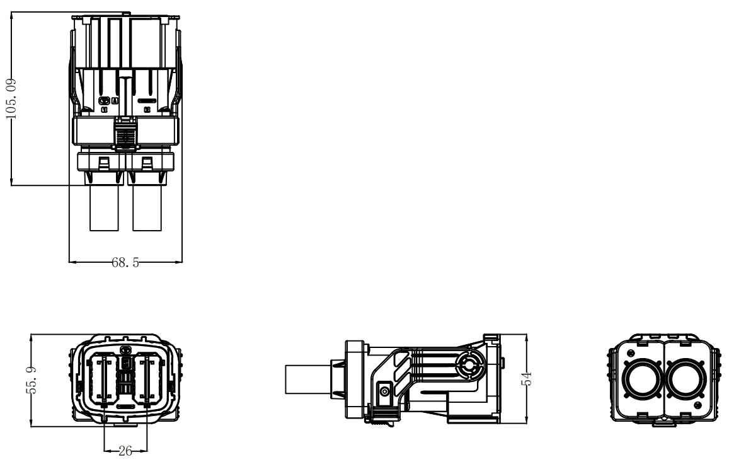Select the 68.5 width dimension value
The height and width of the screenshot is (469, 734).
125,262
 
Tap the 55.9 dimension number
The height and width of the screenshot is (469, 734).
32,380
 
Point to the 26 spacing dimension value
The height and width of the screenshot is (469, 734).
125,451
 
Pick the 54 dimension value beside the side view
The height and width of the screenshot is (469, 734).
527,379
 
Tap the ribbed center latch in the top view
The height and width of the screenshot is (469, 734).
125,134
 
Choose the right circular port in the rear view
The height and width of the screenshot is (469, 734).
684,379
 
